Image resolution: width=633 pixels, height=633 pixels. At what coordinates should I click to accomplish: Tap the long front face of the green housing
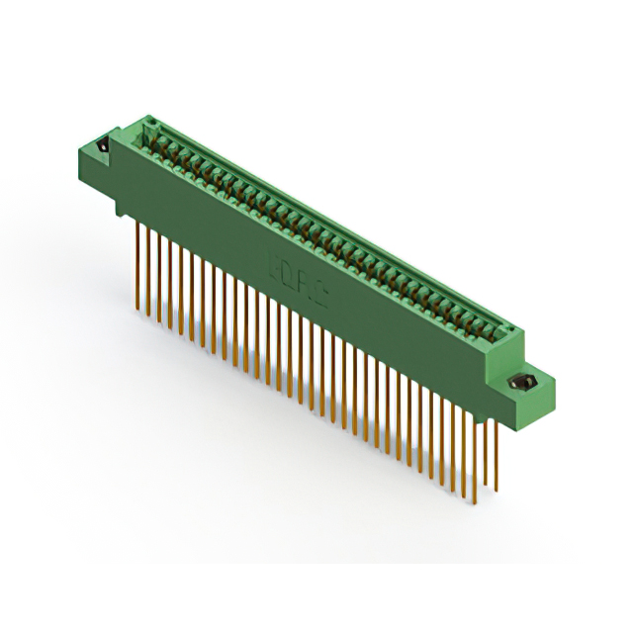(316, 297)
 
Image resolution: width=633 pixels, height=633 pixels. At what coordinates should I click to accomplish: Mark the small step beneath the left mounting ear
(121, 203)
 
